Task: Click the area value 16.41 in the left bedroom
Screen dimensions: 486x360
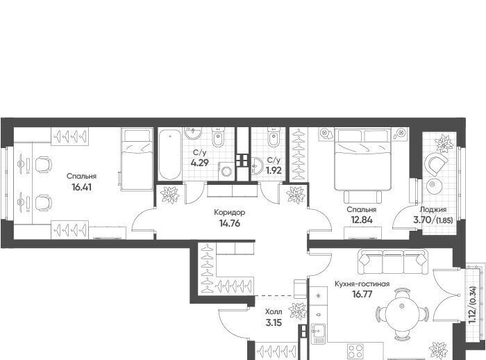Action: [81, 188]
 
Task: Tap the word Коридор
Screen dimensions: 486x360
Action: [230, 212]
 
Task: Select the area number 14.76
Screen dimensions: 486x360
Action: [230, 224]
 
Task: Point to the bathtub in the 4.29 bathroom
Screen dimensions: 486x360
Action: [169, 154]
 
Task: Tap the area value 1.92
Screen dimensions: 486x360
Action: [274, 170]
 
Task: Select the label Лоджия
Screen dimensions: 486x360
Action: [433, 209]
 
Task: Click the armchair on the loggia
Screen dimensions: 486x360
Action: [436, 163]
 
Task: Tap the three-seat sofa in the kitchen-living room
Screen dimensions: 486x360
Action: [393, 261]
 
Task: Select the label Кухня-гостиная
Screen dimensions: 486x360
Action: [362, 284]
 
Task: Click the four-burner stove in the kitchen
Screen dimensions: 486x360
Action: [355, 352]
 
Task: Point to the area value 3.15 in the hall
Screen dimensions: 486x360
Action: [274, 322]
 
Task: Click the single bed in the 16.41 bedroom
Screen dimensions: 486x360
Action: [137, 160]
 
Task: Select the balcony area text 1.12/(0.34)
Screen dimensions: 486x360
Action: [472, 305]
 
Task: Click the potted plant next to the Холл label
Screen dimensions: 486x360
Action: [297, 311]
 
